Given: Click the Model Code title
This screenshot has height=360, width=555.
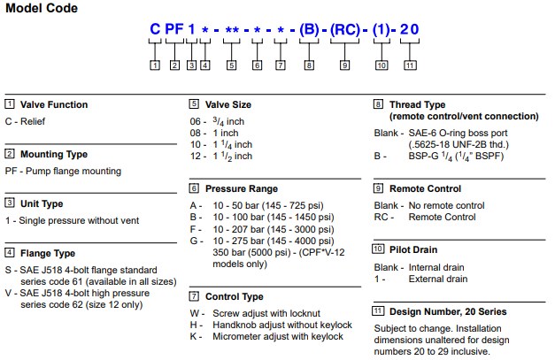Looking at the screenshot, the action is (x=42, y=8).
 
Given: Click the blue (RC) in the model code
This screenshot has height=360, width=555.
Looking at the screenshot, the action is (x=344, y=29).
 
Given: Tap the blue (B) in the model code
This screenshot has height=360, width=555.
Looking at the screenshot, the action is (x=309, y=29).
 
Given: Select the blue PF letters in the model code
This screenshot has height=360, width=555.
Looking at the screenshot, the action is (x=174, y=29).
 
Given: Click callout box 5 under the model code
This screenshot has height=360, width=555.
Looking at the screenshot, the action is (x=231, y=65).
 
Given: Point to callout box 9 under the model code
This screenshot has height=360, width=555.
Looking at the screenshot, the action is (x=344, y=65).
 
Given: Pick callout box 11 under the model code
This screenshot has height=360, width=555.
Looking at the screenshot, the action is (x=410, y=65).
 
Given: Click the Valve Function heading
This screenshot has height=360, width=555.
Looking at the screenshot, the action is (x=54, y=104).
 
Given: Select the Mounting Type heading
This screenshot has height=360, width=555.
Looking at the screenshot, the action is (x=54, y=154).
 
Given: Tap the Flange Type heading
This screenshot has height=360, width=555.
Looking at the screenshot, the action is (x=48, y=253).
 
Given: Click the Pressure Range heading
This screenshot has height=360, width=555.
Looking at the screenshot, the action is (x=242, y=188).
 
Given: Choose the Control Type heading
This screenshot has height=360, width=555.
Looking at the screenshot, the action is (x=235, y=296).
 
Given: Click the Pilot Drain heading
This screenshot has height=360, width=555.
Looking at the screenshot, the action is (x=413, y=249).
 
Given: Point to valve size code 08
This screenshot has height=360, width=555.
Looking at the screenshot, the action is (x=196, y=134).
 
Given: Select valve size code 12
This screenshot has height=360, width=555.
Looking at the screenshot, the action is (x=196, y=157).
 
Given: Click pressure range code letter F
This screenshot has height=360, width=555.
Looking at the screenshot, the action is (x=193, y=229).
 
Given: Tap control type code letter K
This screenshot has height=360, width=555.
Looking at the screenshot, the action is (x=193, y=336).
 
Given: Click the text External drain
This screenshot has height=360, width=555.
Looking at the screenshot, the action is (x=438, y=279).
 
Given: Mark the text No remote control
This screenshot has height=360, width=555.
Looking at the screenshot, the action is (x=446, y=205).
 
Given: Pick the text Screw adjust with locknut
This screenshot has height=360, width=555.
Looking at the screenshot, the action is (x=266, y=314).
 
